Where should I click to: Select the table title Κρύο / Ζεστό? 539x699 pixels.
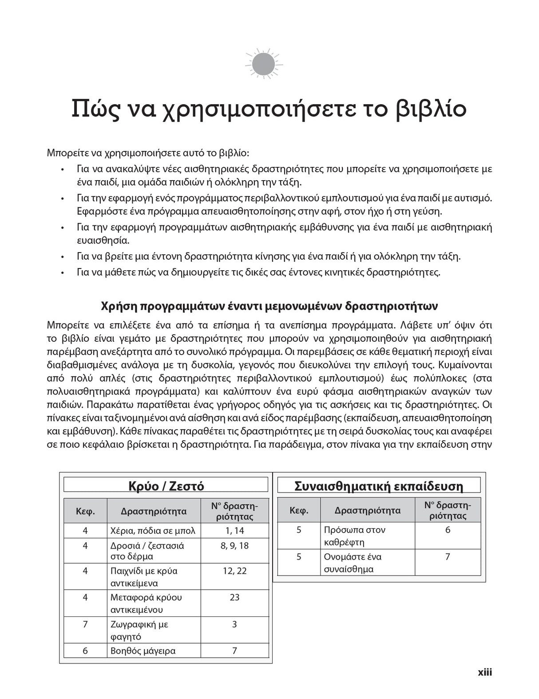click(x=166, y=486)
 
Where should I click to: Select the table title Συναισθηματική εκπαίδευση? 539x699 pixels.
click(x=379, y=486)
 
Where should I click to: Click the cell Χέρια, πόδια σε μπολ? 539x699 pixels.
click(x=153, y=531)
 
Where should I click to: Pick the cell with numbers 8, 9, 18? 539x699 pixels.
click(x=234, y=545)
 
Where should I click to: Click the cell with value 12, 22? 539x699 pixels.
click(x=234, y=571)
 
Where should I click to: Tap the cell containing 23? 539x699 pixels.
click(x=234, y=597)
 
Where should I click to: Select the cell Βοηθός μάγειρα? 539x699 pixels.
click(x=143, y=651)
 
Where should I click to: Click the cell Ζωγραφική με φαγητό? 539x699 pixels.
click(x=139, y=630)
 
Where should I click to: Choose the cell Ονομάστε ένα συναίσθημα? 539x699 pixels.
click(x=353, y=563)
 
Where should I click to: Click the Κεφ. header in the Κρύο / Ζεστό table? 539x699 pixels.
click(x=85, y=511)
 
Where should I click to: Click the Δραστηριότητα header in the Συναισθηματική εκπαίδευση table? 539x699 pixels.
click(x=367, y=510)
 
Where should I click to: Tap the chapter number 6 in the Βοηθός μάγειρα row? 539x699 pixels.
click(x=85, y=651)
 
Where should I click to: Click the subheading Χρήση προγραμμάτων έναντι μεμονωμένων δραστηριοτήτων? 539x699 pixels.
click(x=269, y=306)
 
